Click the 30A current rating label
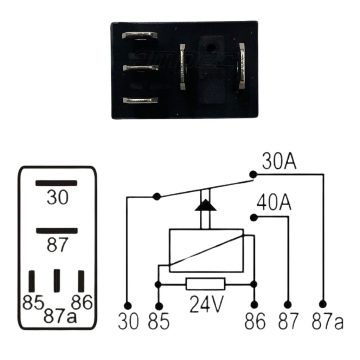tap(279, 162)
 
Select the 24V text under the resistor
tap(206, 304)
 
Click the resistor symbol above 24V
tap(205, 284)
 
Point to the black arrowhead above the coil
tap(205, 205)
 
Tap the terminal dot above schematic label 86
tap(254, 305)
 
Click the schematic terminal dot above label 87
tap(288, 304)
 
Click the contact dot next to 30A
tap(253, 174)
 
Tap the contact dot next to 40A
tap(253, 217)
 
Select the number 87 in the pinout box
tap(57, 245)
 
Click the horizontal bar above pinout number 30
tap(56, 183)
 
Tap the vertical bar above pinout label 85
tap(32, 281)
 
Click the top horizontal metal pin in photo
tap(139, 36)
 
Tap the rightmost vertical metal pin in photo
tap(242, 67)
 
